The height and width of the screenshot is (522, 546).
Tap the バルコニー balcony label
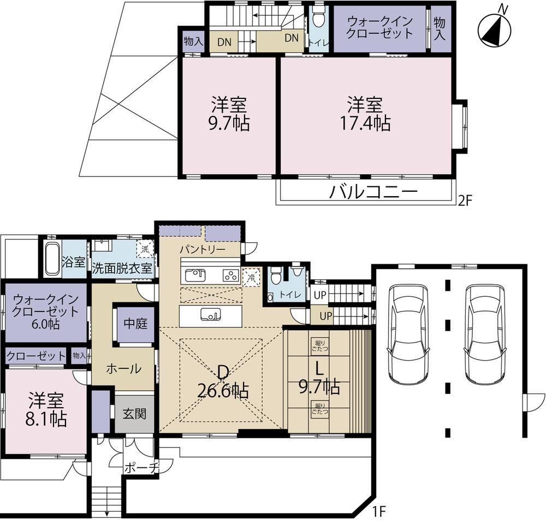pos(373,191)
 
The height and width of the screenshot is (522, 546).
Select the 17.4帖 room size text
pos(365,123)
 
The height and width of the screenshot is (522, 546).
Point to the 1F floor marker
pos(379,512)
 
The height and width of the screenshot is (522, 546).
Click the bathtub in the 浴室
pos(52,259)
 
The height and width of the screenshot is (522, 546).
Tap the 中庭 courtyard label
pos(135,324)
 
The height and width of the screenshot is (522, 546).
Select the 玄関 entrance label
pos(134,414)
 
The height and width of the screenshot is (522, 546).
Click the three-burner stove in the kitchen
pos(230,275)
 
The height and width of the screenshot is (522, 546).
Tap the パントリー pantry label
pos(203,250)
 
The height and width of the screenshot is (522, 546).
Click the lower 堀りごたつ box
pos(319,408)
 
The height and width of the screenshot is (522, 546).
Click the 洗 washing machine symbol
pos(145,249)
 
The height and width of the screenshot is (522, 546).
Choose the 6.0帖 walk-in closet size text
pos(46,324)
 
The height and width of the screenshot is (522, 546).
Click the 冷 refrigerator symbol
pos(251,277)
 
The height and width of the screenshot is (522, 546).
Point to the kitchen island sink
pos(211,315)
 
